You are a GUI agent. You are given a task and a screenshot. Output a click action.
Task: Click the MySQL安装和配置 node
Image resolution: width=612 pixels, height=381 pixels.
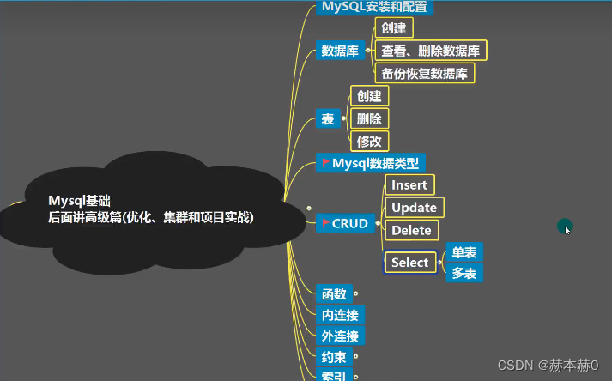(373, 7)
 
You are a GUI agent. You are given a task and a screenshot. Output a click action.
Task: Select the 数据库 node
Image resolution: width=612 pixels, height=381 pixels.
(339, 51)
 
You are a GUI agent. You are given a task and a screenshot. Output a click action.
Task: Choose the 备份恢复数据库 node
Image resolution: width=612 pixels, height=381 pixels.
(425, 74)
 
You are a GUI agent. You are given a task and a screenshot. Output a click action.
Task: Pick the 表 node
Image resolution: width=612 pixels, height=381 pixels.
(327, 119)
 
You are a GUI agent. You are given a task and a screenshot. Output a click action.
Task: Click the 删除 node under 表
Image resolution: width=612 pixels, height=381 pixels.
(369, 118)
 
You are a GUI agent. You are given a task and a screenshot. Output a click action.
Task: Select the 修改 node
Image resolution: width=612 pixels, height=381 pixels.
(369, 142)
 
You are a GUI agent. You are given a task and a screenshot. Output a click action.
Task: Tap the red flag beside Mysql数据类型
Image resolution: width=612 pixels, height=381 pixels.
(325, 162)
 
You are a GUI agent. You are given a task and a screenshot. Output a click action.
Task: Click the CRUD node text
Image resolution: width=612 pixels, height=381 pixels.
(349, 224)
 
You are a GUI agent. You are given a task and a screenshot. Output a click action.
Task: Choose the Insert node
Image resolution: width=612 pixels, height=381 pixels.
(408, 184)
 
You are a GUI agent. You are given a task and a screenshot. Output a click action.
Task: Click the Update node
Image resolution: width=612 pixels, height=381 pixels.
(413, 208)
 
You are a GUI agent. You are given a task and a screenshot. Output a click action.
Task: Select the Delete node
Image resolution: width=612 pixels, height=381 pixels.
(410, 230)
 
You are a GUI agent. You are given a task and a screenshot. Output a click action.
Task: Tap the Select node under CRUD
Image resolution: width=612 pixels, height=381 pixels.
(409, 263)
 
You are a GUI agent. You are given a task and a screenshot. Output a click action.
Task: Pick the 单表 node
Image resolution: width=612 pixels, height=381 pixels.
(464, 252)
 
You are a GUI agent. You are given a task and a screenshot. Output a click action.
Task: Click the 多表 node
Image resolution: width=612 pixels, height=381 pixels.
(464, 274)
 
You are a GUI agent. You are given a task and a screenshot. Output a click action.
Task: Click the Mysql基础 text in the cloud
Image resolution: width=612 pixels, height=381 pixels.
(80, 200)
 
